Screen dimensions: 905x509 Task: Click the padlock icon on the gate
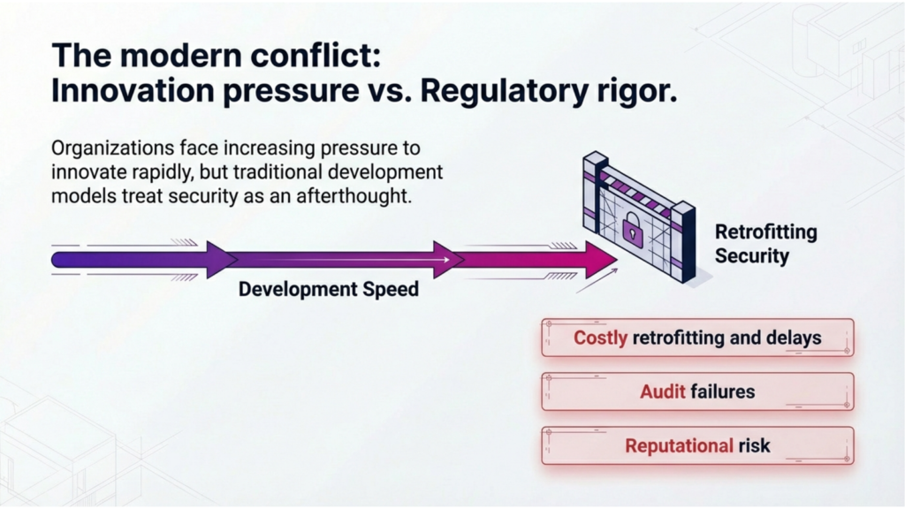tap(633, 229)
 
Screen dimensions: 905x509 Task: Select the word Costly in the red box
tap(600, 338)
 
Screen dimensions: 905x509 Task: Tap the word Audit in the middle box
tap(663, 391)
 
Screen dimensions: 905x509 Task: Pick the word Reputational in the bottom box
tap(680, 446)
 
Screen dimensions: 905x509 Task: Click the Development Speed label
tap(329, 289)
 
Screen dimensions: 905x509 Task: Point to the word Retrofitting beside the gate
tap(766, 232)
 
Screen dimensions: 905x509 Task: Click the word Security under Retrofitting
tap(752, 255)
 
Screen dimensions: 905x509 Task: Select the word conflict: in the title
tap(323, 55)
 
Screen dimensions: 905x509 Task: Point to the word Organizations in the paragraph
tap(112, 148)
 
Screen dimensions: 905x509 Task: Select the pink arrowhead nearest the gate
tap(600, 260)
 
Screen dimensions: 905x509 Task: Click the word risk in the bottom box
tap(755, 446)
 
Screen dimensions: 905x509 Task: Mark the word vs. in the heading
tap(388, 91)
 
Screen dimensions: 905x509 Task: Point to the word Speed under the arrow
tap(391, 289)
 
